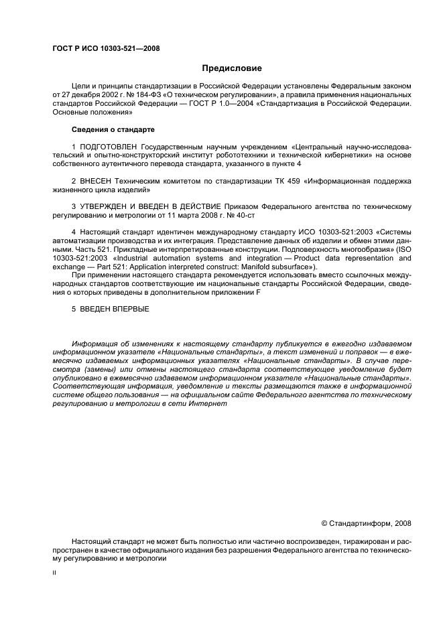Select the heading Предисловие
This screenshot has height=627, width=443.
(232, 68)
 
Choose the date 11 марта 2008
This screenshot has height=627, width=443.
(188, 216)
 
